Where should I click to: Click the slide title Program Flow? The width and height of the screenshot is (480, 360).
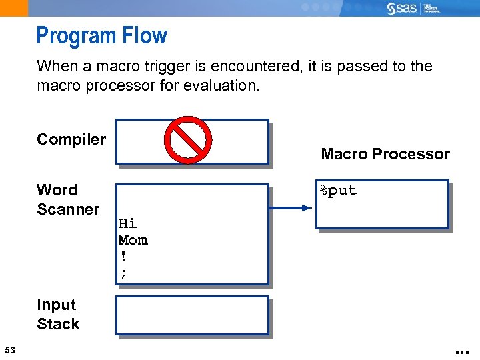click(x=101, y=35)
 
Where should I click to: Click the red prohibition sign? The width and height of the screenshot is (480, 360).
click(x=188, y=140)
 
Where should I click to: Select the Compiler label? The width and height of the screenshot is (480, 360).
click(x=71, y=139)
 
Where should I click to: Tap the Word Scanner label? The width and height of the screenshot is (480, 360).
click(x=67, y=199)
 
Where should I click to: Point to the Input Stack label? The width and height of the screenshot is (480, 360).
click(x=58, y=315)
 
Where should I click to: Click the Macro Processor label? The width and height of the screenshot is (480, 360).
click(x=385, y=154)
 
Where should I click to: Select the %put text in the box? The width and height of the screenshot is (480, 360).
click(x=338, y=191)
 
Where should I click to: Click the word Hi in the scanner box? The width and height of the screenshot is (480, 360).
click(x=127, y=223)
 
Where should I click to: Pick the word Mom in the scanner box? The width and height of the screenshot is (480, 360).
click(x=133, y=240)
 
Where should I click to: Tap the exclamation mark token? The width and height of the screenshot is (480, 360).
click(x=123, y=256)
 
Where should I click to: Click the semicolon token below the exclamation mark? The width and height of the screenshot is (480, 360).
click(x=123, y=272)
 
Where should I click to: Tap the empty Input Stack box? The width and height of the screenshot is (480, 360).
click(x=192, y=315)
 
